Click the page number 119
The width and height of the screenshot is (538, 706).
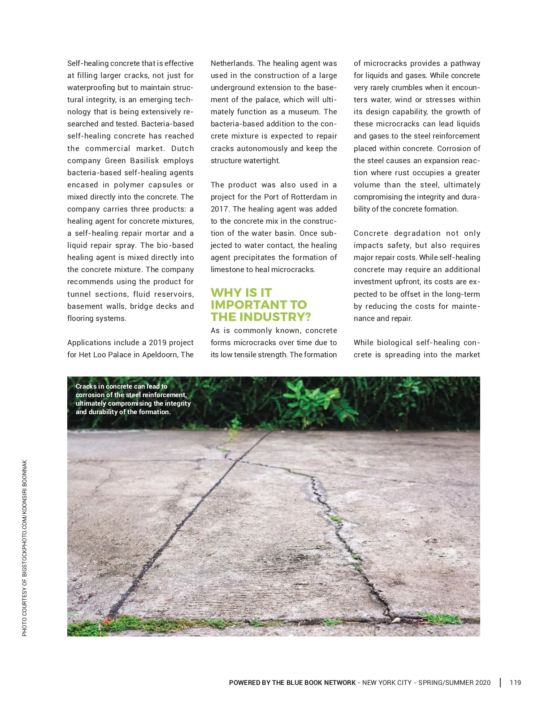point(515,683)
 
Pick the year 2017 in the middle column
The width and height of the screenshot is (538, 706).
point(220,209)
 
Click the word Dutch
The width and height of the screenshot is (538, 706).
point(182,148)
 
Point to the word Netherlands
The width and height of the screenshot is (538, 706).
point(232,63)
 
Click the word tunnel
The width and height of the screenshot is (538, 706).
point(80,294)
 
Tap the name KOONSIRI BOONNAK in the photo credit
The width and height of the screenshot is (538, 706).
point(25,484)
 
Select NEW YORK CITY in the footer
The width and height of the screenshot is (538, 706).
point(386,683)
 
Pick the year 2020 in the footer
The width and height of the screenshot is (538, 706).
point(483,683)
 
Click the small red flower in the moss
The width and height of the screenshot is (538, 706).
point(106,622)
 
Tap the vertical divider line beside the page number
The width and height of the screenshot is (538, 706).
point(500,683)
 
